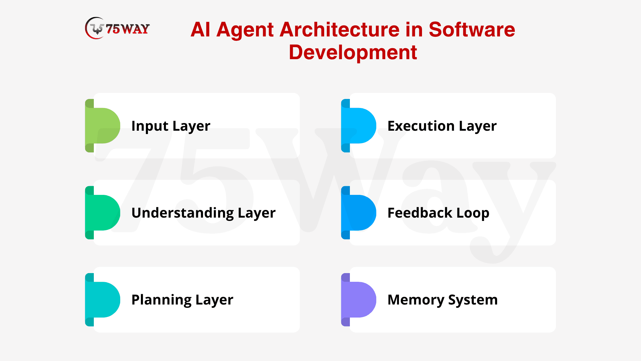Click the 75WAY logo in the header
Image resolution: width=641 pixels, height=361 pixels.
point(117,28)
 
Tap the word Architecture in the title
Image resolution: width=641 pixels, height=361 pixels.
point(339,29)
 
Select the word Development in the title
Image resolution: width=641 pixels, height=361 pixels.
point(353,52)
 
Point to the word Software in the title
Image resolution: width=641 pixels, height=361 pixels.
point(472,29)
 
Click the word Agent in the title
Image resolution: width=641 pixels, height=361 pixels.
point(245,30)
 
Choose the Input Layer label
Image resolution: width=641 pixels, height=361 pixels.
point(171,126)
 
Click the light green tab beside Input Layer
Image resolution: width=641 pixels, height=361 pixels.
point(102,126)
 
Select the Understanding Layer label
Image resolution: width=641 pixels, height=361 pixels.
point(204,213)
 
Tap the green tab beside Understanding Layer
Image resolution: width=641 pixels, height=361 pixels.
point(102,213)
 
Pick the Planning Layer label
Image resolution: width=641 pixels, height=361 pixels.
point(182,300)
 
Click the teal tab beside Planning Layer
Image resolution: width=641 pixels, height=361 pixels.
point(102,299)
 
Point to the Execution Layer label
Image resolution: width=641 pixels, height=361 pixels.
point(442,126)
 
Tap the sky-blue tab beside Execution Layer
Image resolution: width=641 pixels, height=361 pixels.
point(359,126)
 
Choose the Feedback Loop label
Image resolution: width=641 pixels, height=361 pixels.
point(438,213)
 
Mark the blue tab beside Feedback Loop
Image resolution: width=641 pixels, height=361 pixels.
point(359,213)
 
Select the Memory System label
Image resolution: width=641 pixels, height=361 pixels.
point(443,300)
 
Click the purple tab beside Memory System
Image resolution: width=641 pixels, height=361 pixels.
point(359,299)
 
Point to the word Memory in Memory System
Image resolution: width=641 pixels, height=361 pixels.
point(416,300)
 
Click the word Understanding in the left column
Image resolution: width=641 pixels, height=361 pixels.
point(183,213)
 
